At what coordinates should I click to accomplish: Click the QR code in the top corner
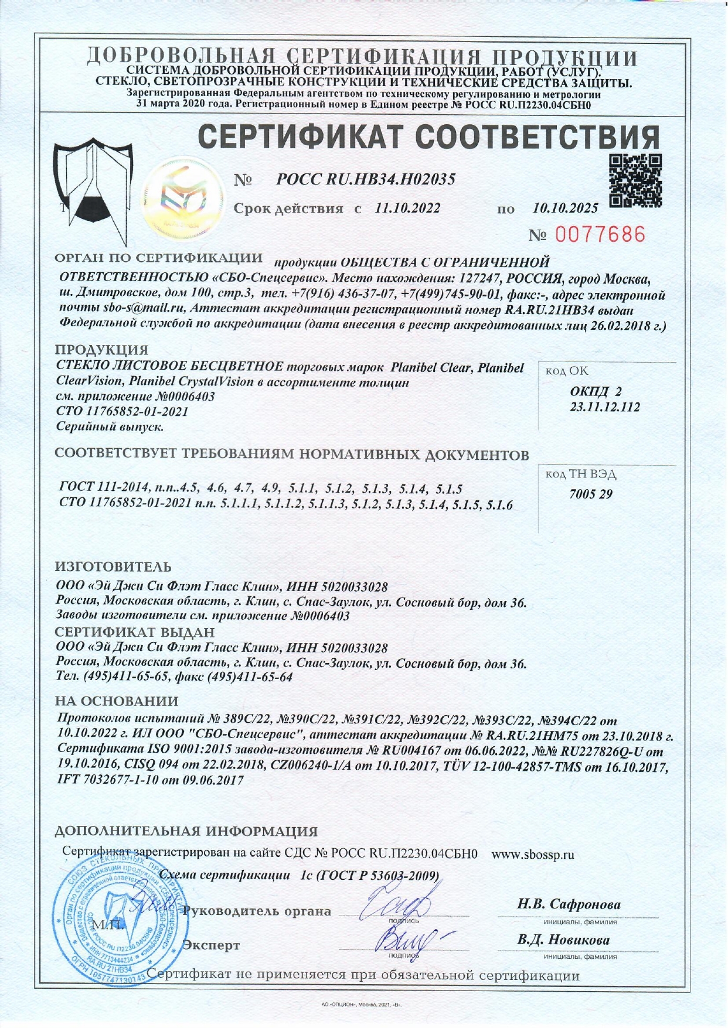coord(635,181)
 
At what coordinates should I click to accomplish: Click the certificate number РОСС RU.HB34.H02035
coord(366,180)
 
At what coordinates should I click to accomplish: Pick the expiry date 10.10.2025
coord(566,208)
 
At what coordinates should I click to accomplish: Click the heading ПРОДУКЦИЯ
coord(101,350)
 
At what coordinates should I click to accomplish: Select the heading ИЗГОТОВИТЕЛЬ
coord(113,567)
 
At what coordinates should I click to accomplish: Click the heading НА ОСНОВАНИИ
coord(117,701)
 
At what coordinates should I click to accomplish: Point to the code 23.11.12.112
coord(605,407)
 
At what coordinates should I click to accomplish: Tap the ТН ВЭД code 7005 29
coord(591,494)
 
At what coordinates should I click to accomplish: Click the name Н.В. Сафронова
coord(569,904)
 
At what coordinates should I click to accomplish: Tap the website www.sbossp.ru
coord(533,855)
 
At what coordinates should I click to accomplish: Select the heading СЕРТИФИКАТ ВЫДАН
coord(135,633)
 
